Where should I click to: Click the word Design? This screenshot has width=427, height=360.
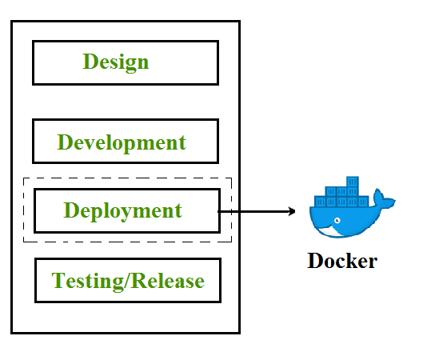click(116, 62)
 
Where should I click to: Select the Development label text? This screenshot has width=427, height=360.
click(122, 143)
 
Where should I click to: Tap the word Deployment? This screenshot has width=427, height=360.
click(123, 211)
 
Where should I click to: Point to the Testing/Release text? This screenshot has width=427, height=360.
click(128, 282)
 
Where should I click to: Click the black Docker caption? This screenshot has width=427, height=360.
click(342, 261)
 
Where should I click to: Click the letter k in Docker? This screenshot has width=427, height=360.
click(350, 261)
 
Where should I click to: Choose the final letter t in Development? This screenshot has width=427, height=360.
click(182, 144)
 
